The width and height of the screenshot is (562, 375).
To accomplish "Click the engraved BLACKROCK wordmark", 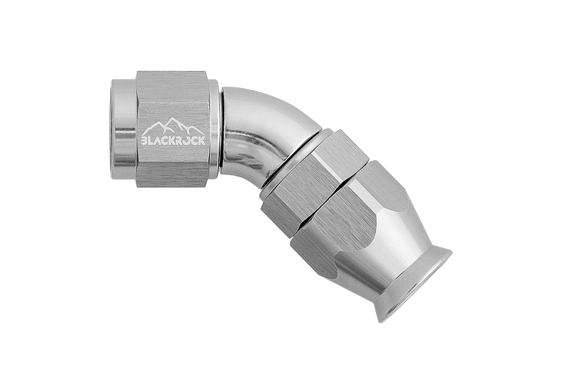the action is (173, 140).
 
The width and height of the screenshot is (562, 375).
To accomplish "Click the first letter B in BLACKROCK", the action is (144, 140).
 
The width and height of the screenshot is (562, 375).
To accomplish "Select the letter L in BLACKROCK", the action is (151, 140).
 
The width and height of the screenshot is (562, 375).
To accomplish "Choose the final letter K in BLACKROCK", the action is (202, 140).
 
